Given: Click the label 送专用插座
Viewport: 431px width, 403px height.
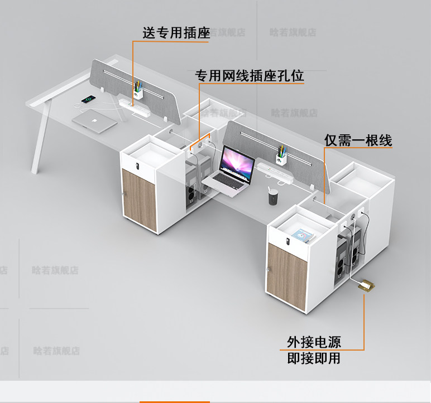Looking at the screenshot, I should tap(176, 33).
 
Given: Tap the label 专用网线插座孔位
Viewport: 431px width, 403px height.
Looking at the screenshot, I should tap(249, 76).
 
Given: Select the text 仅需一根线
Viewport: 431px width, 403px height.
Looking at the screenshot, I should tap(358, 140).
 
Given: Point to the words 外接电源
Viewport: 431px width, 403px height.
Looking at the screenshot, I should tap(314, 341).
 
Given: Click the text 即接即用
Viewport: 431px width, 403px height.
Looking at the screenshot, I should tap(314, 358).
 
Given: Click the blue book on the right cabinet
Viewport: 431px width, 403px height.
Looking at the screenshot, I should tap(302, 235).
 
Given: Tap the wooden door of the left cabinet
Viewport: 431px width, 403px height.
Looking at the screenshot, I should tap(138, 199).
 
